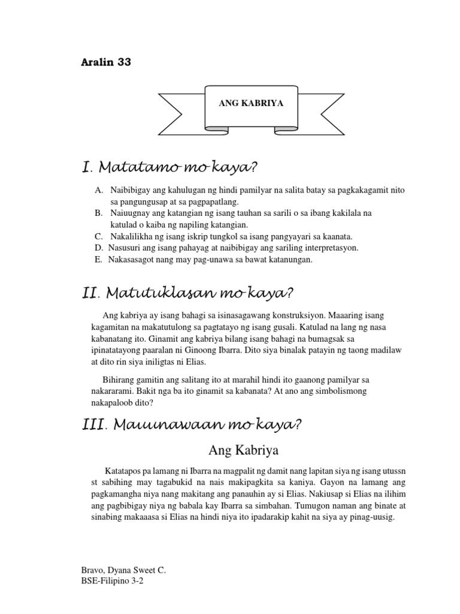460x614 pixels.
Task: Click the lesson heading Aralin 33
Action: [105, 62]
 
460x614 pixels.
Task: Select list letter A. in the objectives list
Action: [99, 191]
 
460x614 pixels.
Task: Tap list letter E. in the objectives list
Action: [98, 259]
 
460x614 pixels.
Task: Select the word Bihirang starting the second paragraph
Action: [123, 381]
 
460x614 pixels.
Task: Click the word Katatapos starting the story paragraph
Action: [124, 471]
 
